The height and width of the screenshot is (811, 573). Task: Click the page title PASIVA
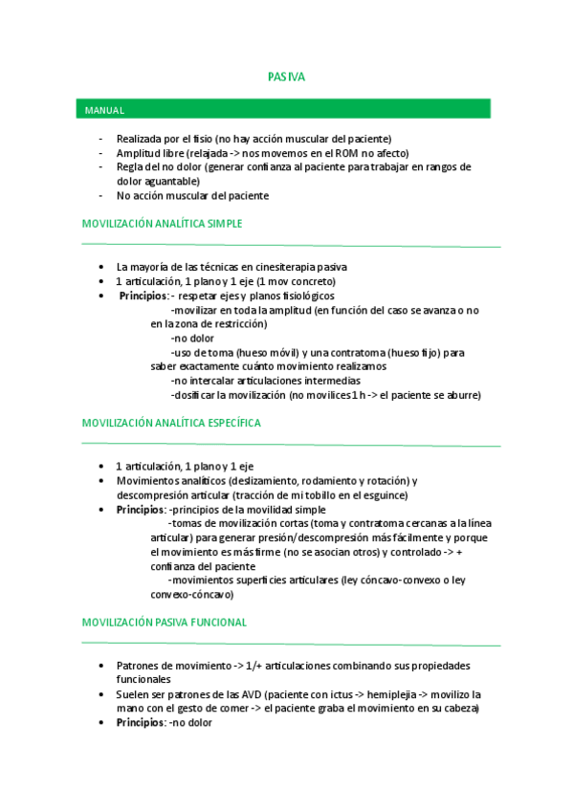coord(286,77)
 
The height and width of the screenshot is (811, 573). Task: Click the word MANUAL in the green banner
coord(104,111)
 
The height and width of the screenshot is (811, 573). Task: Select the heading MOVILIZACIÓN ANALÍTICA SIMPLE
coord(162,224)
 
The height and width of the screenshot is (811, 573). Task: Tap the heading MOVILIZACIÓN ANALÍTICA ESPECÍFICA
coord(171,422)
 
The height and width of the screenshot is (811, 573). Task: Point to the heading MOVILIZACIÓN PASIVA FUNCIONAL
coord(165,622)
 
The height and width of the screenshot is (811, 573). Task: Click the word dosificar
coord(195,395)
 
